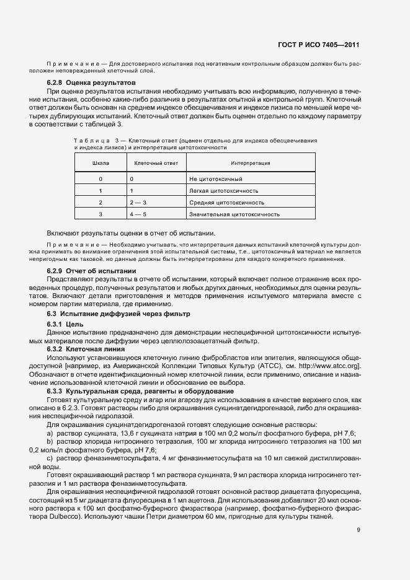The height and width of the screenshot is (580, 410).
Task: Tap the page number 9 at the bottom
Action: click(359, 530)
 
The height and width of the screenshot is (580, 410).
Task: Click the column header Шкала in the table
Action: click(100, 163)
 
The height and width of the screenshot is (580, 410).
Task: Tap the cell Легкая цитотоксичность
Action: click(224, 191)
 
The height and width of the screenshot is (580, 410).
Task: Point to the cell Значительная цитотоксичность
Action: click(234, 214)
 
